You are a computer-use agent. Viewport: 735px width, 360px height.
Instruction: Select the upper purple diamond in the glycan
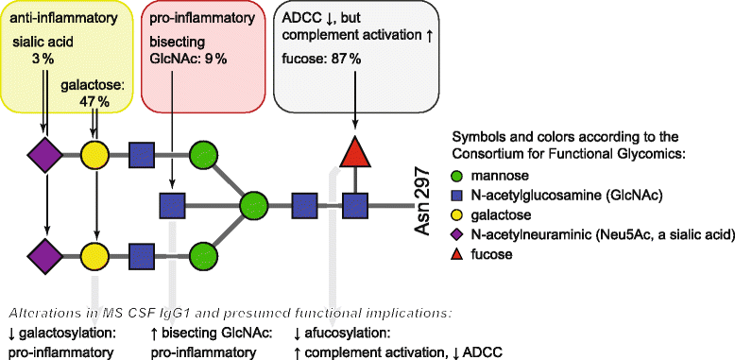click(44, 153)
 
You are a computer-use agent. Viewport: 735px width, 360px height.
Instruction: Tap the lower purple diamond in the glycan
click(44, 254)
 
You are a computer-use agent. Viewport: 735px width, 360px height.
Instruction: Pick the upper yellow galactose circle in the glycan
click(94, 153)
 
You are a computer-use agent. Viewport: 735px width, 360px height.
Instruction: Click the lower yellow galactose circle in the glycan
click(94, 254)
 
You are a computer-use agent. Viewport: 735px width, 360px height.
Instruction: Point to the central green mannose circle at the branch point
click(252, 203)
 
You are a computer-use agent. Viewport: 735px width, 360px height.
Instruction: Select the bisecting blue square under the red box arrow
click(172, 203)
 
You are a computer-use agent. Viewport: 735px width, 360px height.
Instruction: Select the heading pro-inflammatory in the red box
click(201, 17)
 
